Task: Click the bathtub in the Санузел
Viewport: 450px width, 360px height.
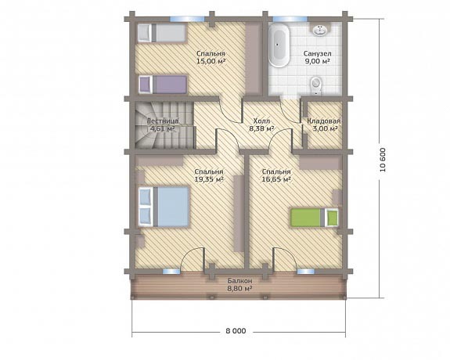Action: (x=279, y=45)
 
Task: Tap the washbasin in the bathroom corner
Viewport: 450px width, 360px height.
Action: (x=320, y=30)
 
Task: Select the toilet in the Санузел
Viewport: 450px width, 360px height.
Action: (x=316, y=85)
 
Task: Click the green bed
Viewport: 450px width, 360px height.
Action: (x=314, y=218)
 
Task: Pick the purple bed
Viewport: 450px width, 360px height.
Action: (x=163, y=85)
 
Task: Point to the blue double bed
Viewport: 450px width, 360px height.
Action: (x=164, y=207)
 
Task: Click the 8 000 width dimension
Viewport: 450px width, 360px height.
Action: (x=236, y=331)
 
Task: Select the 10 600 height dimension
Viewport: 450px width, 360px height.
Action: (x=383, y=160)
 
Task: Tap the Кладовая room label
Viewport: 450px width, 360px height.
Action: (x=324, y=121)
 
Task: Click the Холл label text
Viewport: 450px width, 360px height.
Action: (x=261, y=121)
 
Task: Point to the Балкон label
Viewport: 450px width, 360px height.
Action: (x=240, y=280)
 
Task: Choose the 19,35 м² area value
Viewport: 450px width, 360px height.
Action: (x=209, y=179)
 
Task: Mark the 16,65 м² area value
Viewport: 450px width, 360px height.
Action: (x=276, y=179)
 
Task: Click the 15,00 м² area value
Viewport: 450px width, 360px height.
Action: (x=211, y=61)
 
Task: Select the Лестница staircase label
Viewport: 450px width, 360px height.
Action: (x=163, y=121)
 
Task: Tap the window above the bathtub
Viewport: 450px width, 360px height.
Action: (x=290, y=19)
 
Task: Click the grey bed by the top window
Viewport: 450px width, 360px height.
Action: (x=161, y=33)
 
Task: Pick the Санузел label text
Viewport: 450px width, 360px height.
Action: (x=318, y=54)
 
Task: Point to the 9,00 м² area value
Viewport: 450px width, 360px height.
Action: (x=318, y=61)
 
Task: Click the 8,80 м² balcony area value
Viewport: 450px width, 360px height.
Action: (x=240, y=288)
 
